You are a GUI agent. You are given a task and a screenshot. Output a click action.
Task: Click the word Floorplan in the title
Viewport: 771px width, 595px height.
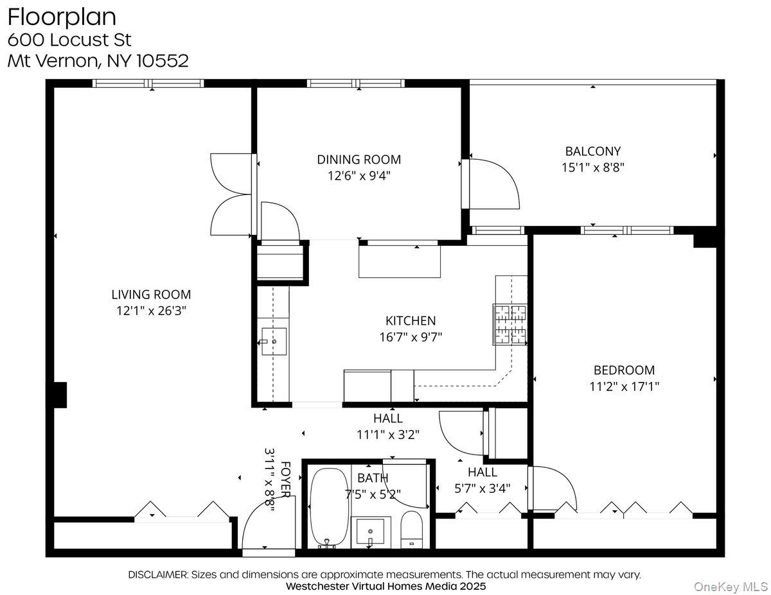[62, 17]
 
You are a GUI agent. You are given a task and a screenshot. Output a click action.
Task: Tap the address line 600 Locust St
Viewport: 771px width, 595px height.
[69, 40]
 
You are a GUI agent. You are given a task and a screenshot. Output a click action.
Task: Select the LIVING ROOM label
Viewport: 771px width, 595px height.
[151, 295]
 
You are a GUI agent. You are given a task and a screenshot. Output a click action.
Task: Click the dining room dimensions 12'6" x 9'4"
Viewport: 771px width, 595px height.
[359, 176]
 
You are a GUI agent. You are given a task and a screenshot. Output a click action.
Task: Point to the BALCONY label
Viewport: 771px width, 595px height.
[592, 151]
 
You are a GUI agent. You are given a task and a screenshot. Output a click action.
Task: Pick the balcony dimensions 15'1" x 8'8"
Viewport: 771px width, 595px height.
[592, 168]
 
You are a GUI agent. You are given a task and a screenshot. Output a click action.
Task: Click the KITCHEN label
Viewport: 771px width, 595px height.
[411, 320]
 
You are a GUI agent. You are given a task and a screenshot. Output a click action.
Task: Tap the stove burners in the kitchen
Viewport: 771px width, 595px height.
[510, 324]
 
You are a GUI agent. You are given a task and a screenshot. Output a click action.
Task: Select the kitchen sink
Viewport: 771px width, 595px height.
[274, 341]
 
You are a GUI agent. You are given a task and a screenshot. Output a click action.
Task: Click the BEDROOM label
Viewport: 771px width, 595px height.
[624, 370]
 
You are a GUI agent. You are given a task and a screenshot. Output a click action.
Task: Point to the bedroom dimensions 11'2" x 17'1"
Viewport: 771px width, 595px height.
[624, 386]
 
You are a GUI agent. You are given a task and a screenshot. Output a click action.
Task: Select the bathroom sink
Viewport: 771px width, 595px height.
[371, 531]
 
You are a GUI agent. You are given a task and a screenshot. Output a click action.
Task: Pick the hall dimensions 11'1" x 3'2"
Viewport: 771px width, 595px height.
[388, 435]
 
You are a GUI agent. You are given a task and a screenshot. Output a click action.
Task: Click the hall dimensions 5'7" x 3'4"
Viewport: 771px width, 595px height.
[482, 488]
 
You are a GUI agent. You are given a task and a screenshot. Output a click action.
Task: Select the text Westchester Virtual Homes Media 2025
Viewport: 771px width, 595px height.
[385, 586]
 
